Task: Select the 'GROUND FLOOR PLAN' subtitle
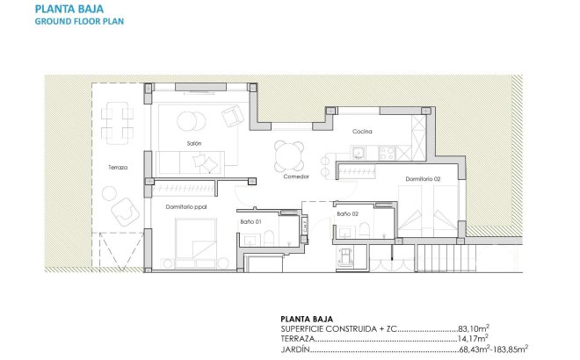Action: (x=79, y=22)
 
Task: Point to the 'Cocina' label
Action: (x=362, y=132)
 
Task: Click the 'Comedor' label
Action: (x=296, y=176)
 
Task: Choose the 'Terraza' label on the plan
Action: (x=118, y=167)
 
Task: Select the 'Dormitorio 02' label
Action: (x=423, y=179)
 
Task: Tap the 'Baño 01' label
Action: (x=251, y=221)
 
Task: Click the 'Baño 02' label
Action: (x=347, y=213)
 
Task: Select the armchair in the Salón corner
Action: (x=233, y=116)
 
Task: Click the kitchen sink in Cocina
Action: (x=358, y=154)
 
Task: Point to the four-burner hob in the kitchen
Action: (x=384, y=154)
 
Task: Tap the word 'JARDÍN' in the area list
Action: (x=295, y=349)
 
